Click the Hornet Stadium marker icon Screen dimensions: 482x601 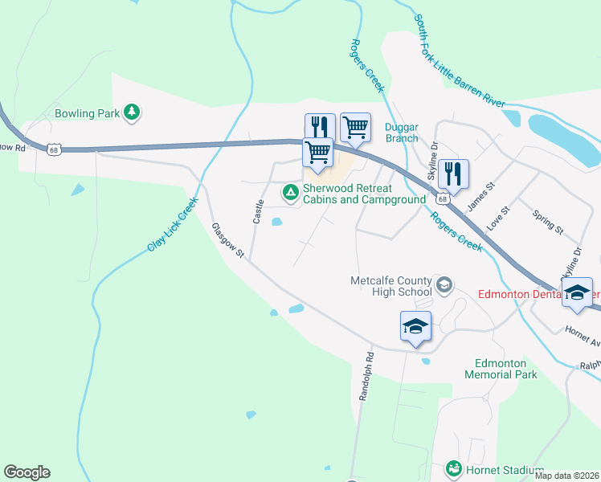point(454,468)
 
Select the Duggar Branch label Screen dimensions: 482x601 point(401,133)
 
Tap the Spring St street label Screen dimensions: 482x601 point(548,222)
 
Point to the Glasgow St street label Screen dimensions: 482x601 point(227,240)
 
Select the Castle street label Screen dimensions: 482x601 point(259,212)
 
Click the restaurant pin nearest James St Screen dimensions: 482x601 point(453,174)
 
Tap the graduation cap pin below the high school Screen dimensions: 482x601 point(415,326)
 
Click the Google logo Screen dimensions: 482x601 point(27,472)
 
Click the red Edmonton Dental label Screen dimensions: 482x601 point(534,294)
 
